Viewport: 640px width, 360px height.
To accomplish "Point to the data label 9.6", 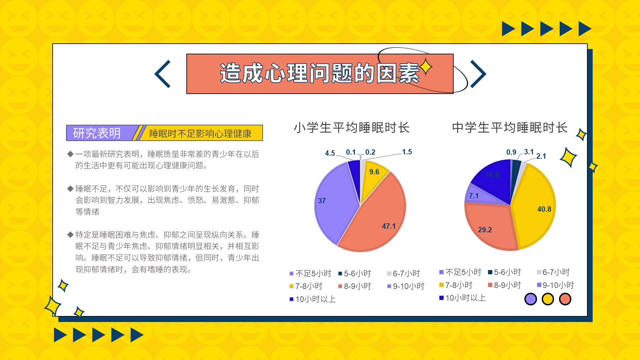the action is point(374,172).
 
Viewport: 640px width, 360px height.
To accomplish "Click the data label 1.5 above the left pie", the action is point(407,152).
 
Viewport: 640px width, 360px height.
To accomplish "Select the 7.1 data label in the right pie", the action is point(474,196).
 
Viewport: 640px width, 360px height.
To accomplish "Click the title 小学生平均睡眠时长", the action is point(352,128).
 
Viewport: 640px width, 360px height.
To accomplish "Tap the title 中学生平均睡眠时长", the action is point(510,128).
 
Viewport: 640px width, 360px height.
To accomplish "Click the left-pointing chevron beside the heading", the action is point(162,74).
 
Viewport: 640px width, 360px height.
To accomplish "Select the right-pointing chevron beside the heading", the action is point(478,74).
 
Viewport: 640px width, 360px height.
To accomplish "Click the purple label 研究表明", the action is point(97,133).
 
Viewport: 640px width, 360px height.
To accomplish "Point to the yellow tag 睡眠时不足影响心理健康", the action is point(200,134).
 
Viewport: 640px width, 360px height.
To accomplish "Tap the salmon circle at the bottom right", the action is point(565,299).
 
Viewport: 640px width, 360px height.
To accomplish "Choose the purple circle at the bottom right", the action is point(531,299).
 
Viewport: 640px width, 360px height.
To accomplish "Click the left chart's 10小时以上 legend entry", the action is point(312,299).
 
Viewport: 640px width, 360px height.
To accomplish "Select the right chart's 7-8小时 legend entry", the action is point(456,285).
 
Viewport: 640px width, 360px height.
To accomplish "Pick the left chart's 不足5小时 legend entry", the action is point(310,274).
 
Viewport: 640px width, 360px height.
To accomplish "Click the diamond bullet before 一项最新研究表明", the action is point(70,154).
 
